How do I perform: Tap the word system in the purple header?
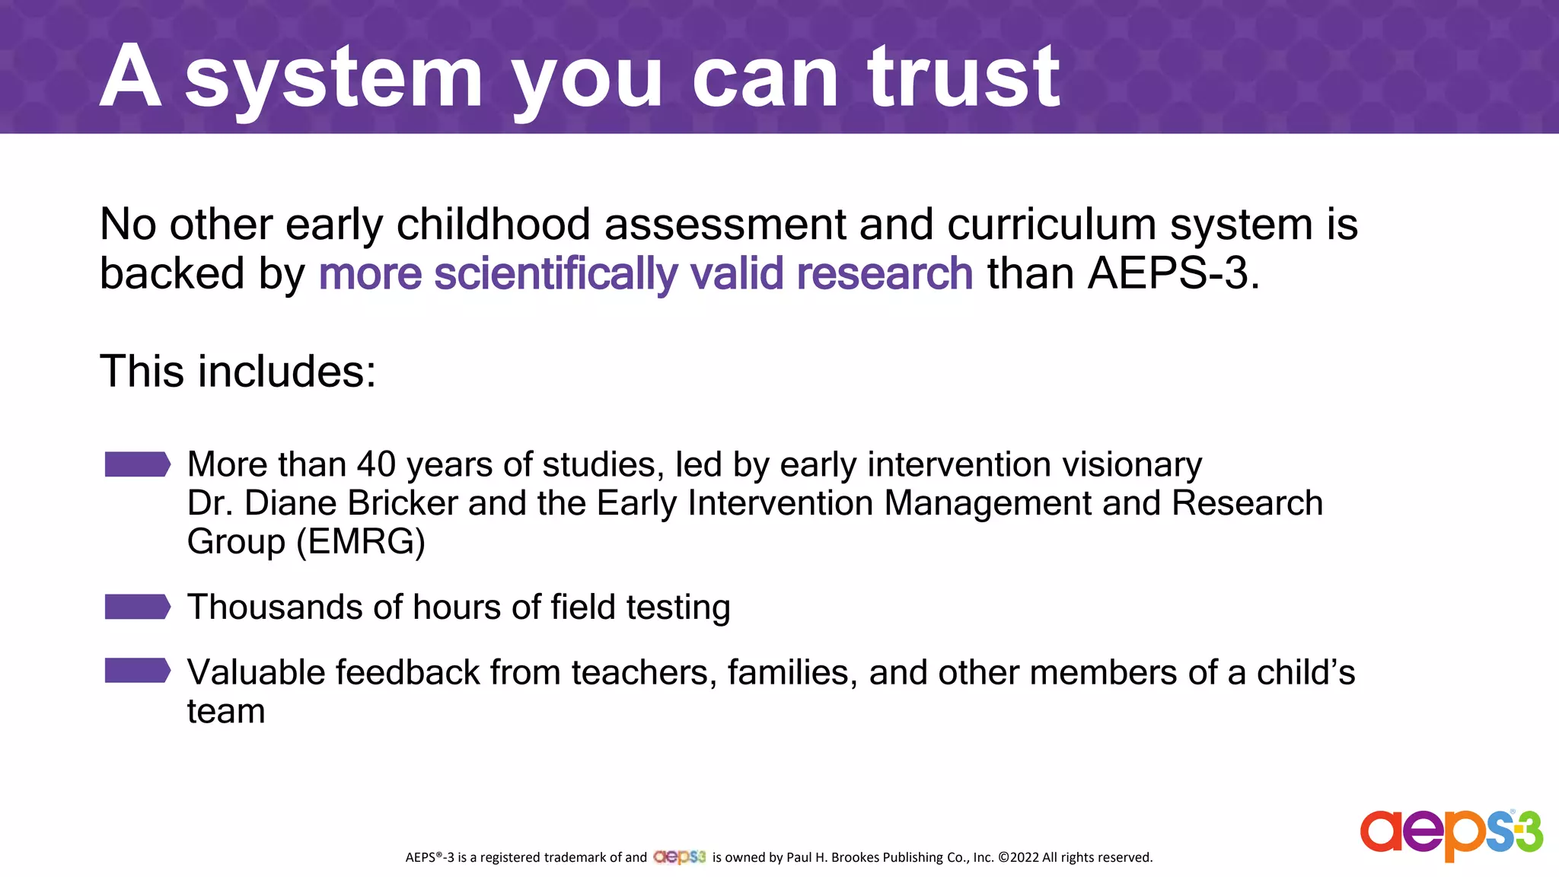tap(333, 78)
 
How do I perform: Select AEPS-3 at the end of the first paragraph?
tap(1168, 273)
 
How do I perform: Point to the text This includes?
tap(238, 372)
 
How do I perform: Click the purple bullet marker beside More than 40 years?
tap(137, 464)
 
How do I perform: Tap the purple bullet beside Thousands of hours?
tap(137, 607)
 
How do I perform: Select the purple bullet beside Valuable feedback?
tap(137, 671)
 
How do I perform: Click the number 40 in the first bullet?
tap(377, 464)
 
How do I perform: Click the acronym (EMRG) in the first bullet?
tap(360, 542)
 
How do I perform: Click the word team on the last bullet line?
tap(226, 712)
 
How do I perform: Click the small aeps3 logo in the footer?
tap(679, 857)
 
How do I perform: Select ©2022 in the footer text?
tap(1018, 857)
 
